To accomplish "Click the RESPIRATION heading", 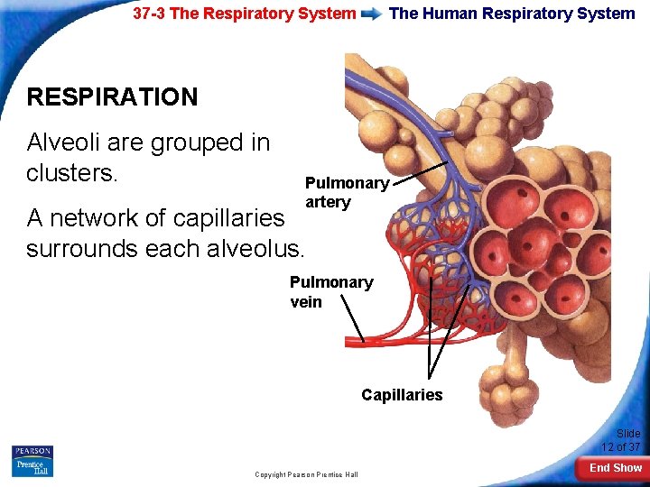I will click(112, 97).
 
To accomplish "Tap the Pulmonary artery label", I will click(347, 192).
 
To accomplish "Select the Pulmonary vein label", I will click(330, 291).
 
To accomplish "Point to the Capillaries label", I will click(402, 395).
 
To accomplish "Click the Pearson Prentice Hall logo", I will click(32, 460).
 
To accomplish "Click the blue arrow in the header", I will click(372, 14).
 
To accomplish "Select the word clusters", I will click(71, 172).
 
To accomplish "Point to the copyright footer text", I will click(305, 474).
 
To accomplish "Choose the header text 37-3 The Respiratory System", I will click(244, 14).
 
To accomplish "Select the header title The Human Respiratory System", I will click(511, 14).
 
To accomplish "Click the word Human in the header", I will click(450, 14).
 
